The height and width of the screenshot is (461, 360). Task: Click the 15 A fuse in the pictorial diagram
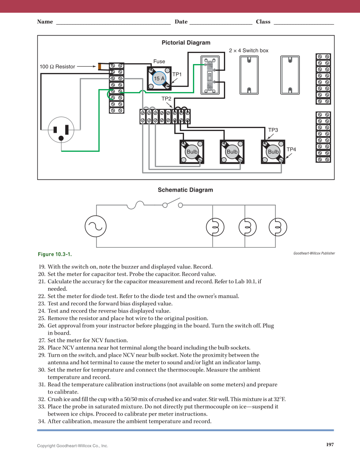[x=159, y=78]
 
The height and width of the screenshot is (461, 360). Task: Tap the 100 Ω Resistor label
[x=57, y=67]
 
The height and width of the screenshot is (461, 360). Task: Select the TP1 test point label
[x=177, y=74]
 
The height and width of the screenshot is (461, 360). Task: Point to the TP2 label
[x=166, y=98]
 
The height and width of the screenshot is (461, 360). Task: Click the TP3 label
[x=273, y=130]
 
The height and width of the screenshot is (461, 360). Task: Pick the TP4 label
[x=291, y=149]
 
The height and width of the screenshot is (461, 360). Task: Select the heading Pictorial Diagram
[x=186, y=42]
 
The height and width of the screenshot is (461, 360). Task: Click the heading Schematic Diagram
[x=185, y=190]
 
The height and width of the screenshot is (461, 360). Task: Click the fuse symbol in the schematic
[x=135, y=205]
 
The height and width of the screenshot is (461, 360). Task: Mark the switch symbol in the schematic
[x=172, y=205]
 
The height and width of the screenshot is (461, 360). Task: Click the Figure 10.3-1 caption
[x=55, y=254]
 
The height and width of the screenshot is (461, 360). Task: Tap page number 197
[x=330, y=444]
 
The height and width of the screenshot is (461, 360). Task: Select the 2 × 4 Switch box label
[x=248, y=50]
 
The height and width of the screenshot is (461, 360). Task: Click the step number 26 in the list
[x=42, y=326]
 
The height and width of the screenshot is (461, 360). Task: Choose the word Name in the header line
[x=45, y=22]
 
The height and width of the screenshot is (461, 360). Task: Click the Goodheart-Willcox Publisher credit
[x=314, y=253]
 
